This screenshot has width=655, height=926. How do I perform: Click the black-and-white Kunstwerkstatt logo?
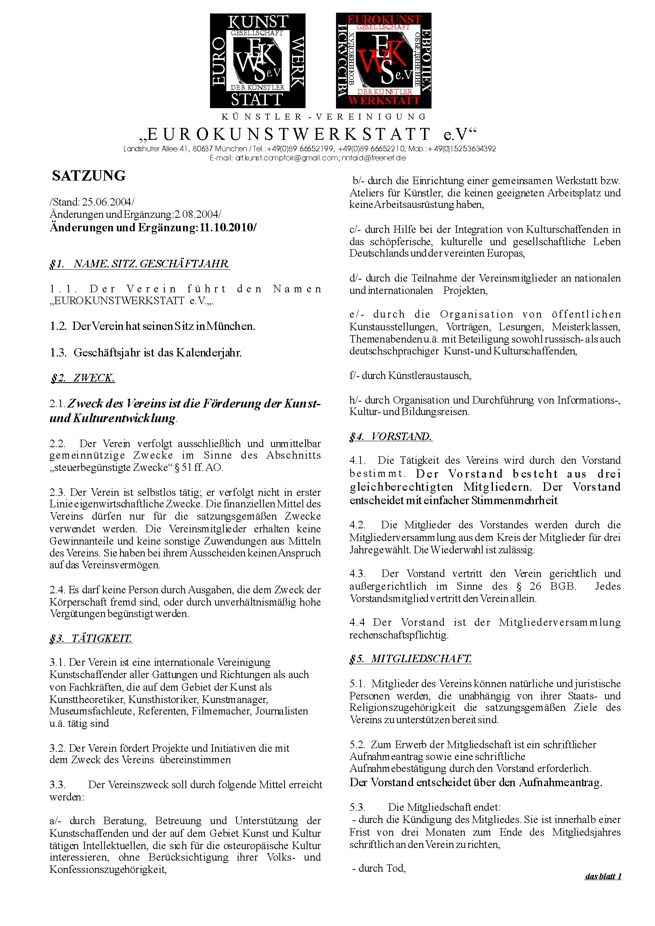tap(257, 61)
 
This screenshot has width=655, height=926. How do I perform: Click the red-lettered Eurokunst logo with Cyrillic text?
tap(384, 61)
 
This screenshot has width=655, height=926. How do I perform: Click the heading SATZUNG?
tap(89, 176)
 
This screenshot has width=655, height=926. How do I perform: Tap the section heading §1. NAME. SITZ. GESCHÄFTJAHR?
tap(139, 264)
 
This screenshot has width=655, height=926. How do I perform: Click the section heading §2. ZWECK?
tap(83, 378)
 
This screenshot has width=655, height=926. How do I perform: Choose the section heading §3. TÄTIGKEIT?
tap(91, 638)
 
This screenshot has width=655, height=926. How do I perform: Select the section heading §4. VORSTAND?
tap(391, 436)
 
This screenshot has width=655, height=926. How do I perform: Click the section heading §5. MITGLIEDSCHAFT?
tap(411, 659)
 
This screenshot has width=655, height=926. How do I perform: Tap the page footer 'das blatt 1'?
tap(603, 876)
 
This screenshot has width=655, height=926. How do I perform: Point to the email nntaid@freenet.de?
tap(374, 158)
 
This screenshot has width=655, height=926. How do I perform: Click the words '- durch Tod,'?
tap(378, 868)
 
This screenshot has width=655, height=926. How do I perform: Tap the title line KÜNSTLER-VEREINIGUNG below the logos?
tap(324, 117)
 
